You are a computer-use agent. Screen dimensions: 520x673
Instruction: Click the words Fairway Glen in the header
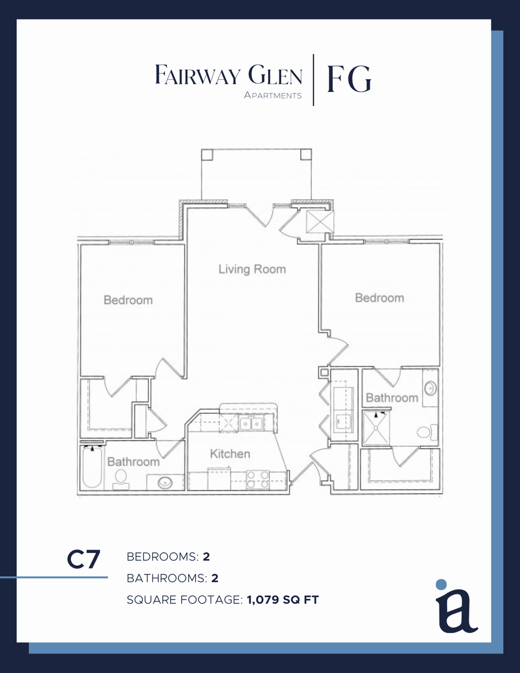tap(228, 75)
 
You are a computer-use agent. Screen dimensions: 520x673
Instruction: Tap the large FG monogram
tap(349, 79)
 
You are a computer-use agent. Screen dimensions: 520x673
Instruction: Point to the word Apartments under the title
tap(272, 95)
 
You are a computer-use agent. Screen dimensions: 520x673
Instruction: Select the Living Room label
tap(252, 269)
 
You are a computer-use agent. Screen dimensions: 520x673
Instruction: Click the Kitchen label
tap(229, 454)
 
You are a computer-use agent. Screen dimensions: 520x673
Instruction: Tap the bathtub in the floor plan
tap(92, 467)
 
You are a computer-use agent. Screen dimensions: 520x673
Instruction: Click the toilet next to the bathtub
tap(121, 479)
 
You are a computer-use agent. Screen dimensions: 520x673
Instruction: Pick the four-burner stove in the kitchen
tap(258, 480)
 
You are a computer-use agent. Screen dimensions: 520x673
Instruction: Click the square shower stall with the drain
tap(377, 427)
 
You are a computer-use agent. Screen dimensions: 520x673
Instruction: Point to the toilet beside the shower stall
tap(427, 432)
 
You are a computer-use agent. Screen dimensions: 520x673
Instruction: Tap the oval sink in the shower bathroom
tap(430, 388)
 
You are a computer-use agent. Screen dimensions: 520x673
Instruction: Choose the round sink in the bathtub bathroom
tap(165, 483)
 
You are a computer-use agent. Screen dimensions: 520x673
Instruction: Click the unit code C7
tap(84, 560)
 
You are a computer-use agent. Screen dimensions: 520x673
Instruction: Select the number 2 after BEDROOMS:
tap(206, 556)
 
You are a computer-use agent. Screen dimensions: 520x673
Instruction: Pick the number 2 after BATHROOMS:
tap(214, 578)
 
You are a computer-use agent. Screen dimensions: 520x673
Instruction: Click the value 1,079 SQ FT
tap(283, 599)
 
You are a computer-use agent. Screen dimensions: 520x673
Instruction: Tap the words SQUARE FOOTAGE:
tap(185, 599)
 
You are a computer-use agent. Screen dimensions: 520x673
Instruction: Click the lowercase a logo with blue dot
tap(456, 606)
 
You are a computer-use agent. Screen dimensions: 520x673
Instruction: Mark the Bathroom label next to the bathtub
tap(133, 461)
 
